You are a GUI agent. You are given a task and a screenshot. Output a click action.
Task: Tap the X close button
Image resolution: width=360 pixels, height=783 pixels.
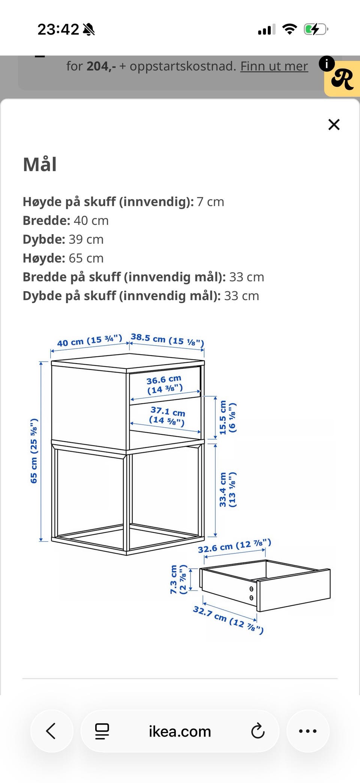coord(334,125)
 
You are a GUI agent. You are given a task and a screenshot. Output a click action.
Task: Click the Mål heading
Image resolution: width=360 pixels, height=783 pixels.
coord(40,164)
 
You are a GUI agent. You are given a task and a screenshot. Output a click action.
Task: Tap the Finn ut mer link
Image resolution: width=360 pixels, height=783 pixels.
coord(274,66)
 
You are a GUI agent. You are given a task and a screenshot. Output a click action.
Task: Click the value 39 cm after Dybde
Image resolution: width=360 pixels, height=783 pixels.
coord(86,239)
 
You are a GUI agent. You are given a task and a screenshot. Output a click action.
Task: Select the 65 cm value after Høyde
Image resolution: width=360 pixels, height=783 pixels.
coord(86,258)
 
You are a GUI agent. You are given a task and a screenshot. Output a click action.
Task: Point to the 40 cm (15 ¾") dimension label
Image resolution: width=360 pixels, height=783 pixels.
coord(89,341)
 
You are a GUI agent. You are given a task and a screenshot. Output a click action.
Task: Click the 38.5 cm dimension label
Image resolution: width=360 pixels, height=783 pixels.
coord(167,339)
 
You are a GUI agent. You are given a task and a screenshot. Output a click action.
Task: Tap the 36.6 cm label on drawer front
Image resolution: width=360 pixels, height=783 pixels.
coord(164,385)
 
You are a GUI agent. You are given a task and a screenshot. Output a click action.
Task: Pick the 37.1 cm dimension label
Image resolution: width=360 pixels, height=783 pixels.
coord(167,416)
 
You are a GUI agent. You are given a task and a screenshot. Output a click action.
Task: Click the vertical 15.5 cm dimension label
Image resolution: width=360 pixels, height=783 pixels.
coord(227,417)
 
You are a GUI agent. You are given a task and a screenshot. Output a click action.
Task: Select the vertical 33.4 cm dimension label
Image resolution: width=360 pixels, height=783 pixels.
coord(227,490)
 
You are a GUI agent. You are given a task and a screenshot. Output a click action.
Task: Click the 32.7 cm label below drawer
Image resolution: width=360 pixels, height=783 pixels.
coord(228,619)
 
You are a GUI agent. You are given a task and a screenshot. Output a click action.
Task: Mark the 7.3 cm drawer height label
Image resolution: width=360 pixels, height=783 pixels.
coord(178,579)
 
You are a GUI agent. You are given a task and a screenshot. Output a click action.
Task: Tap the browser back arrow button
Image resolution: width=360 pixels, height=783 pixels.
coord(51,731)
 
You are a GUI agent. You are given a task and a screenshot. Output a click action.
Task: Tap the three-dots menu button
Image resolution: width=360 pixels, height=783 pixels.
coord(308,731)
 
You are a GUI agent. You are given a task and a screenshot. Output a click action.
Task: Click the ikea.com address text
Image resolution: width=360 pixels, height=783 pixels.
coord(180,732)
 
